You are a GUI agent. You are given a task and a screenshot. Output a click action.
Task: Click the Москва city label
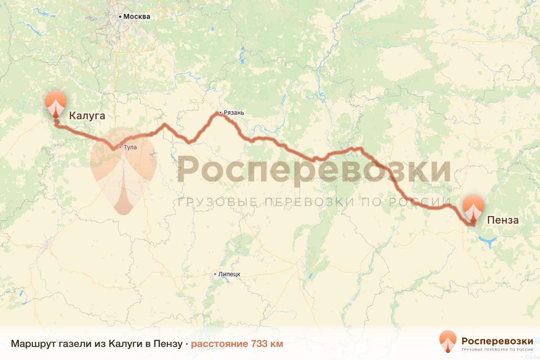click(x=137, y=17)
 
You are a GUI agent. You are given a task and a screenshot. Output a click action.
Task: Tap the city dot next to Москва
click(x=120, y=17)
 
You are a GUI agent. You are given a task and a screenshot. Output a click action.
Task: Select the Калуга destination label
click(x=87, y=116)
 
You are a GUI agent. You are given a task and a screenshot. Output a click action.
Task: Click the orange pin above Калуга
click(x=56, y=103)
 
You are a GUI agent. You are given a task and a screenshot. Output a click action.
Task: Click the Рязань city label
click(x=234, y=112)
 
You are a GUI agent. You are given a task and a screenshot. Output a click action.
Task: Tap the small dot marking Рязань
click(x=220, y=112)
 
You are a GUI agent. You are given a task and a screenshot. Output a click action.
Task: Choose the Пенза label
click(x=503, y=220)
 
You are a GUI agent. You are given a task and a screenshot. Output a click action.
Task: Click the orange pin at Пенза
click(x=473, y=207)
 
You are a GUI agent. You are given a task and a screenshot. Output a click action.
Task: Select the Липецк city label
click(x=229, y=274)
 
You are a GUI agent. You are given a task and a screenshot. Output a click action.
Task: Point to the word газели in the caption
click(x=74, y=344)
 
